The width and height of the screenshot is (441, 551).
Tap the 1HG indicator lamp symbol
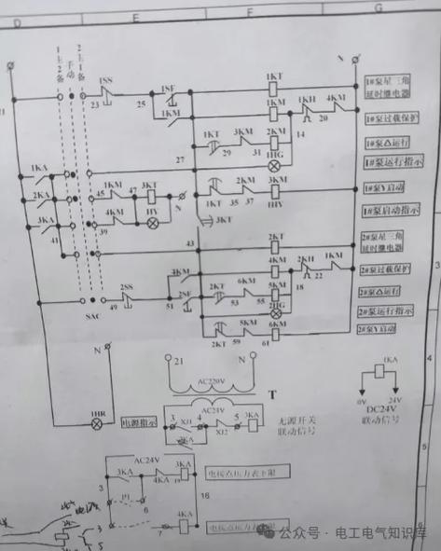[x=275, y=164]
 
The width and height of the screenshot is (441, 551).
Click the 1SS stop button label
[x=105, y=82]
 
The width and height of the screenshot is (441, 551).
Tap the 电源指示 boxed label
[x=140, y=421]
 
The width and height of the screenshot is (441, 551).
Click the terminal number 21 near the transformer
[x=181, y=360]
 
